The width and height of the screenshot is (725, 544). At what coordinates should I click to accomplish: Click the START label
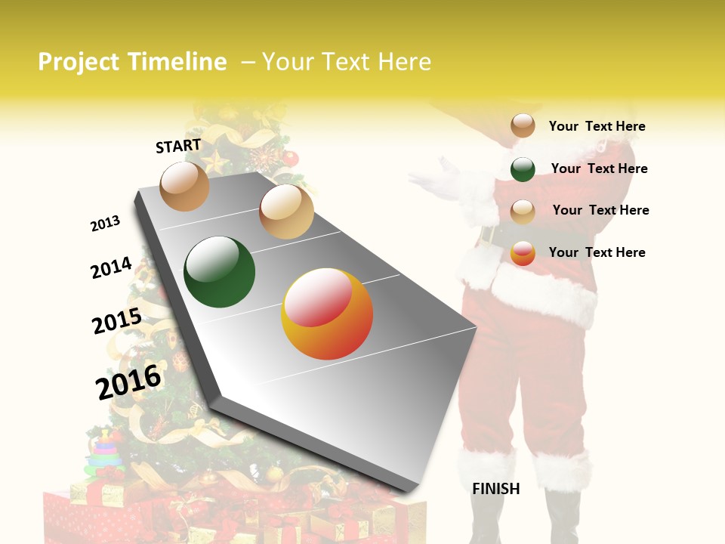pos(178,146)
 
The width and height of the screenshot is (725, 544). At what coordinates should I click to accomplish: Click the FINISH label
pos(495,489)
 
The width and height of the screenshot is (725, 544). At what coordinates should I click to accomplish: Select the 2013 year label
pos(105,224)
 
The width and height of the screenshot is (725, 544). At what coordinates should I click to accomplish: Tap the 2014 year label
pos(111,268)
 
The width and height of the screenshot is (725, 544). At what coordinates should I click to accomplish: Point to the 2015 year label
pos(117,322)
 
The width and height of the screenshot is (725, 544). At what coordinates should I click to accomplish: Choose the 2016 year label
pos(128,382)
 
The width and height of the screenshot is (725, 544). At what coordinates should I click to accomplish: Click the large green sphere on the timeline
pos(219,272)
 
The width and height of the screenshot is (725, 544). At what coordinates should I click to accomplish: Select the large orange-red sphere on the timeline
pos(327,314)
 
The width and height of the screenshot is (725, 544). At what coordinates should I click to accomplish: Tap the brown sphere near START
pos(184,186)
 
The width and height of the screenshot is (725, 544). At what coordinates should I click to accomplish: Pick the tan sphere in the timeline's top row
pos(286,212)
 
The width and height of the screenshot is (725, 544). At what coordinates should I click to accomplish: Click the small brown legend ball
pos(523,125)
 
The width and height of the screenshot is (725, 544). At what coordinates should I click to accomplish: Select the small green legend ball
pos(523,169)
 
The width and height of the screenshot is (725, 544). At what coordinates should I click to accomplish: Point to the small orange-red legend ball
pos(523,253)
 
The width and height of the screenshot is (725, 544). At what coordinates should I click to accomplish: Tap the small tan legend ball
pos(523,211)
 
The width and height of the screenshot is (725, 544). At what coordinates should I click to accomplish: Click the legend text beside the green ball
pos(599,168)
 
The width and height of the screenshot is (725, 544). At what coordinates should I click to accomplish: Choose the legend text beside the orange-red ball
pos(597,252)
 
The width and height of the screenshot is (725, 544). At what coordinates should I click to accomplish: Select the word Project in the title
pos(79,62)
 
